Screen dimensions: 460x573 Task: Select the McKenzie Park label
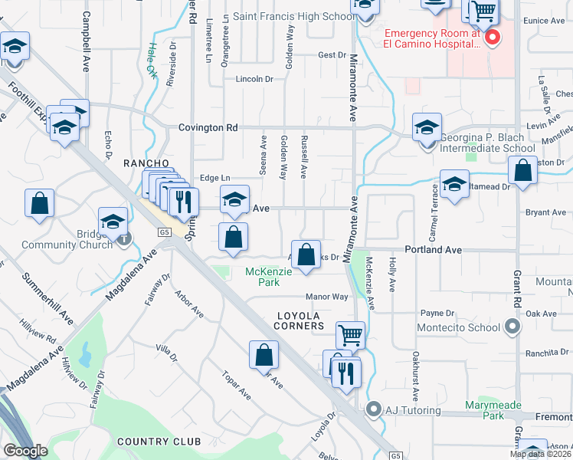pyautogui.click(x=264, y=277)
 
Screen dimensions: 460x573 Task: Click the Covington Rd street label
pyautogui.click(x=208, y=128)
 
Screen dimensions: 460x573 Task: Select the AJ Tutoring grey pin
pyautogui.click(x=374, y=409)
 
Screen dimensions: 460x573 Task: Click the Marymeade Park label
pyautogui.click(x=483, y=410)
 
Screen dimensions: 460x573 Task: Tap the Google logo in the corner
pyautogui.click(x=25, y=451)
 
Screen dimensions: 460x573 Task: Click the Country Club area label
pyautogui.click(x=159, y=442)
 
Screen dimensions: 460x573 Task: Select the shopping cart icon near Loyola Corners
pyautogui.click(x=350, y=335)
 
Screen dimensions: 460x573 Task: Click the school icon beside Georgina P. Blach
pyautogui.click(x=427, y=127)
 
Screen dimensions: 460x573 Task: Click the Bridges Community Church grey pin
pyautogui.click(x=124, y=239)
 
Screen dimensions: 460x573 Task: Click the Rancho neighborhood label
pyautogui.click(x=146, y=163)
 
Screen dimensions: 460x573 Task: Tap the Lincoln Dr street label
pyautogui.click(x=254, y=79)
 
